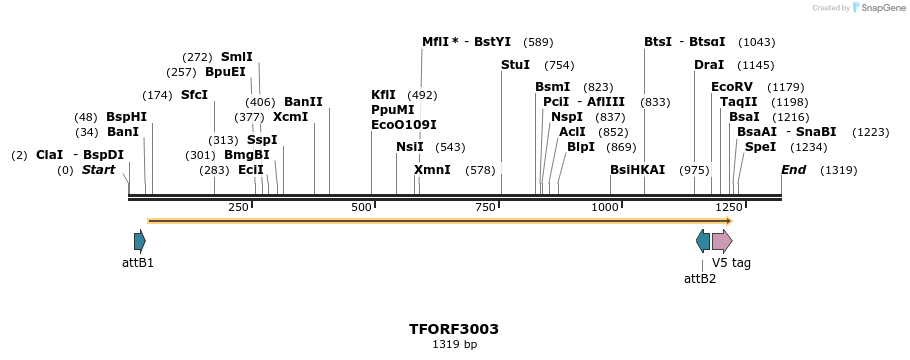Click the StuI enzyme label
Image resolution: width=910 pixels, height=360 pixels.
(x=515, y=65)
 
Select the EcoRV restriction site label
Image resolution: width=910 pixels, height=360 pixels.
(x=730, y=87)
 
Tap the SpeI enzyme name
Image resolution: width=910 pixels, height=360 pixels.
(x=760, y=147)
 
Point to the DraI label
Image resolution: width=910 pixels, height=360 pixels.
(x=709, y=65)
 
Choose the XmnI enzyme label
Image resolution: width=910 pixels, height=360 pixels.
(x=432, y=170)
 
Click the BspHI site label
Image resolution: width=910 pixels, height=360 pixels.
(x=126, y=117)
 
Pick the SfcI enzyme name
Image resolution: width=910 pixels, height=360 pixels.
(x=194, y=95)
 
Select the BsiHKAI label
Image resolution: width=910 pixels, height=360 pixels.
(x=637, y=170)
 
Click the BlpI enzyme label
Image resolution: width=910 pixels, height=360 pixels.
(x=580, y=147)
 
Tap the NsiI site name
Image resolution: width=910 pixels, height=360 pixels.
(x=410, y=147)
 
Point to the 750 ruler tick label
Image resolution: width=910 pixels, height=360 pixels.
(x=487, y=207)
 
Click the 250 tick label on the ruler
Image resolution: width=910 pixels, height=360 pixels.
(x=238, y=207)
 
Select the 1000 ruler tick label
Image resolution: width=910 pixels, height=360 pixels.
(x=605, y=207)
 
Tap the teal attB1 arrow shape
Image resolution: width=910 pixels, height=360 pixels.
(x=140, y=241)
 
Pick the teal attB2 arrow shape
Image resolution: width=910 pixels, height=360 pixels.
(x=703, y=241)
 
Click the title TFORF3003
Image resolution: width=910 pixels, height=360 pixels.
(x=454, y=329)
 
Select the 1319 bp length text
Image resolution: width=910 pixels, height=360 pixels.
(x=454, y=345)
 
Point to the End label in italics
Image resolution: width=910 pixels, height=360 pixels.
(x=793, y=170)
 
